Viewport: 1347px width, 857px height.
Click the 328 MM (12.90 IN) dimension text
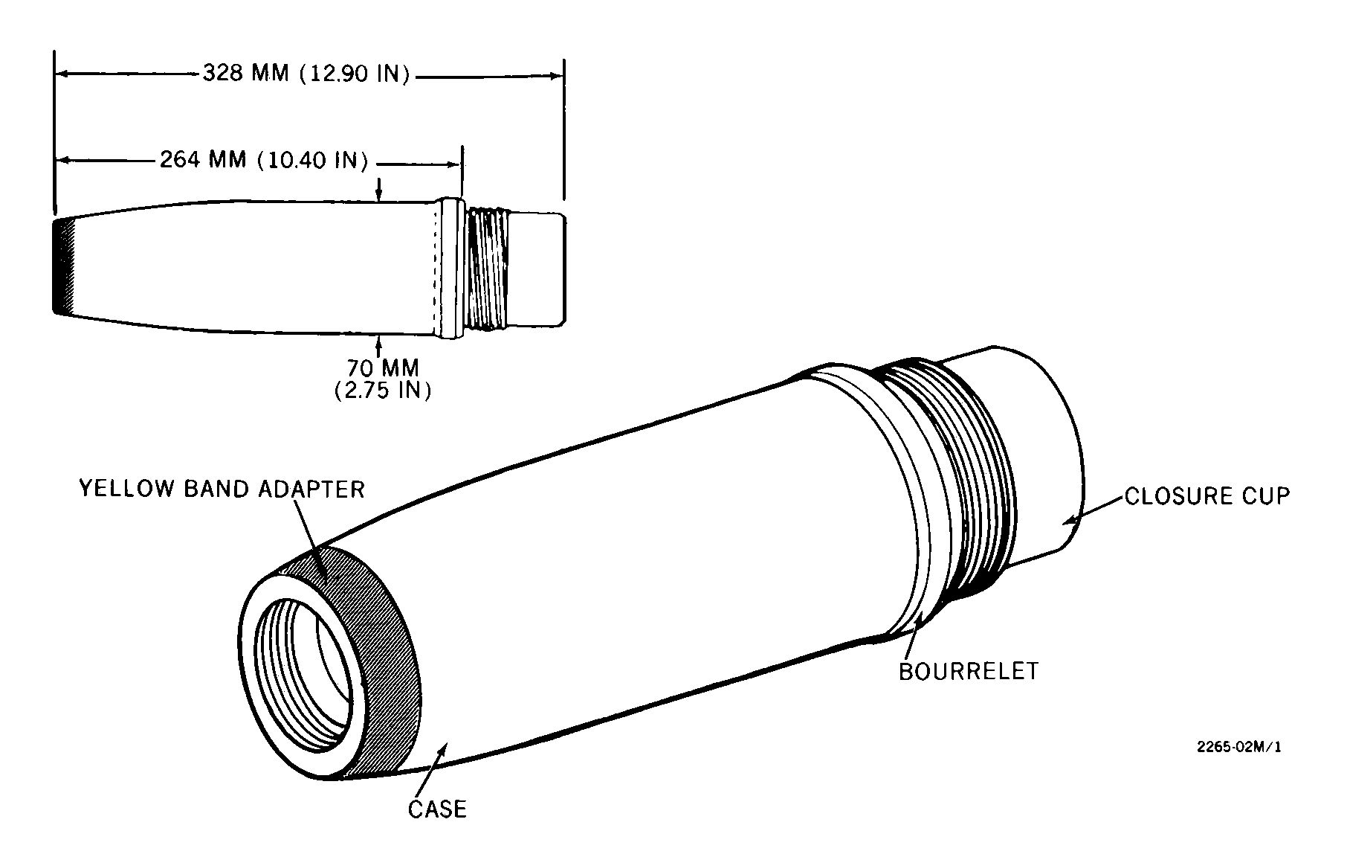306,74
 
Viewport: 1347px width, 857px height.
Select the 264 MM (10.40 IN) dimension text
264,160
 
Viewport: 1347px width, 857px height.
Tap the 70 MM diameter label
383,368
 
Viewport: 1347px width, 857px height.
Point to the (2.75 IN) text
383,391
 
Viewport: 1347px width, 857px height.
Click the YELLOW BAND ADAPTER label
222,489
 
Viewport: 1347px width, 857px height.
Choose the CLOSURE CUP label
1207,496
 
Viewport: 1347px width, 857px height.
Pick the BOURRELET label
969,671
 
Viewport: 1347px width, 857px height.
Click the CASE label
437,809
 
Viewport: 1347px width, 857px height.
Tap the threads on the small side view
488,269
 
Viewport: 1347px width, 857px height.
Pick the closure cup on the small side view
539,269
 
